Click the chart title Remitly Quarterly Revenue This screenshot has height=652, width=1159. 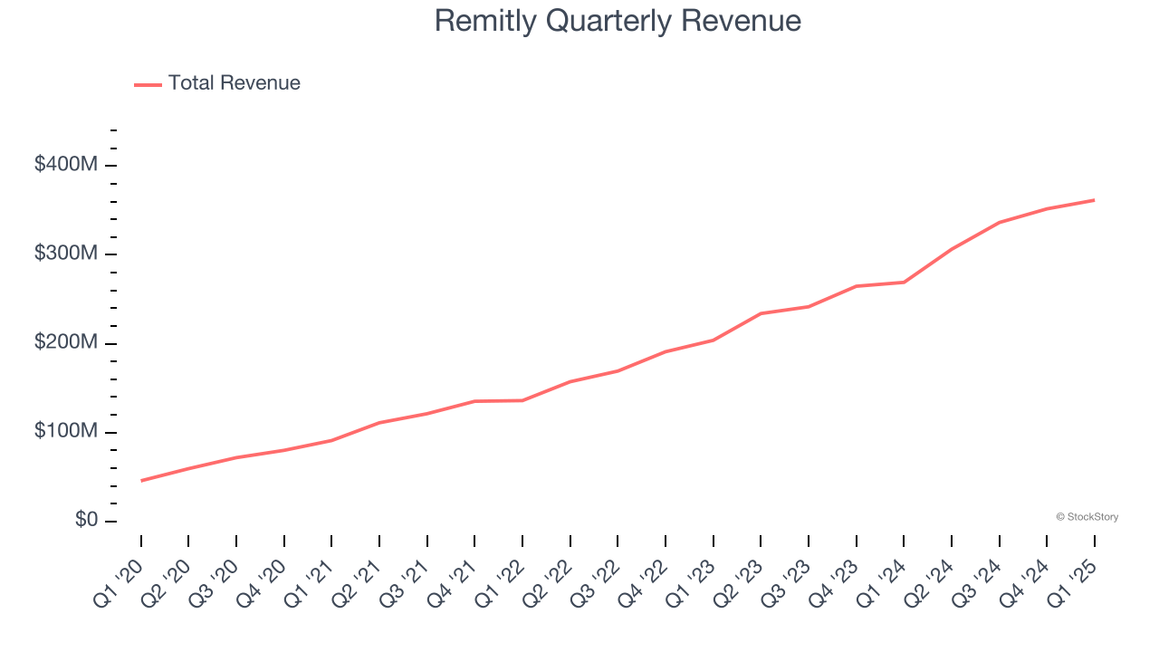pyautogui.click(x=618, y=21)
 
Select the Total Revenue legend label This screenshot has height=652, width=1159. pyautogui.click(x=234, y=83)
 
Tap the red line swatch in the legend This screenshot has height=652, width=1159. pyautogui.click(x=148, y=84)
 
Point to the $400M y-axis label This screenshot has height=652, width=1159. pyautogui.click(x=67, y=165)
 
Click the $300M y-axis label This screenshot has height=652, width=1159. pyautogui.click(x=67, y=254)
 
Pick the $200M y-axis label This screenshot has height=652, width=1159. pyautogui.click(x=67, y=343)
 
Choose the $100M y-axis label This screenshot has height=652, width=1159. pyautogui.click(x=67, y=432)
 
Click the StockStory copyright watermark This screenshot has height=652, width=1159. pyautogui.click(x=1087, y=517)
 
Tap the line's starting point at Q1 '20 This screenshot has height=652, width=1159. pyautogui.click(x=141, y=481)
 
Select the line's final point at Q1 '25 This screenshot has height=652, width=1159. pyautogui.click(x=1094, y=200)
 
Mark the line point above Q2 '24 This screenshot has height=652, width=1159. pyautogui.click(x=952, y=249)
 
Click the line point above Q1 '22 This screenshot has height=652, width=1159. pyautogui.click(x=522, y=400)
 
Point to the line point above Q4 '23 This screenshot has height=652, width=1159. pyautogui.click(x=856, y=286)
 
